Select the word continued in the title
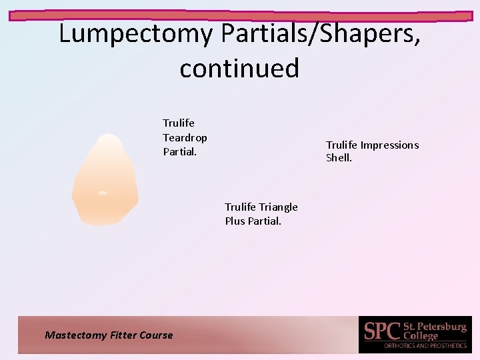pos(239,67)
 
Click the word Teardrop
pos(185,137)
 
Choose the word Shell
pos(338,158)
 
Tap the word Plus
pos(235,221)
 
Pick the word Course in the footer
pos(156,335)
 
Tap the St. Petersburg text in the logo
pos(435,327)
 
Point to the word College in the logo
pos(421,336)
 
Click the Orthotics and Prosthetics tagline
pos(425,346)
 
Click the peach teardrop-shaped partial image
pos(105,180)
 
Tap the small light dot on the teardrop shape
pos(102,193)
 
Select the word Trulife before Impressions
pos(341,145)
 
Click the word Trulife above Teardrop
pos(179,123)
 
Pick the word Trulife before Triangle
pos(241,207)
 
